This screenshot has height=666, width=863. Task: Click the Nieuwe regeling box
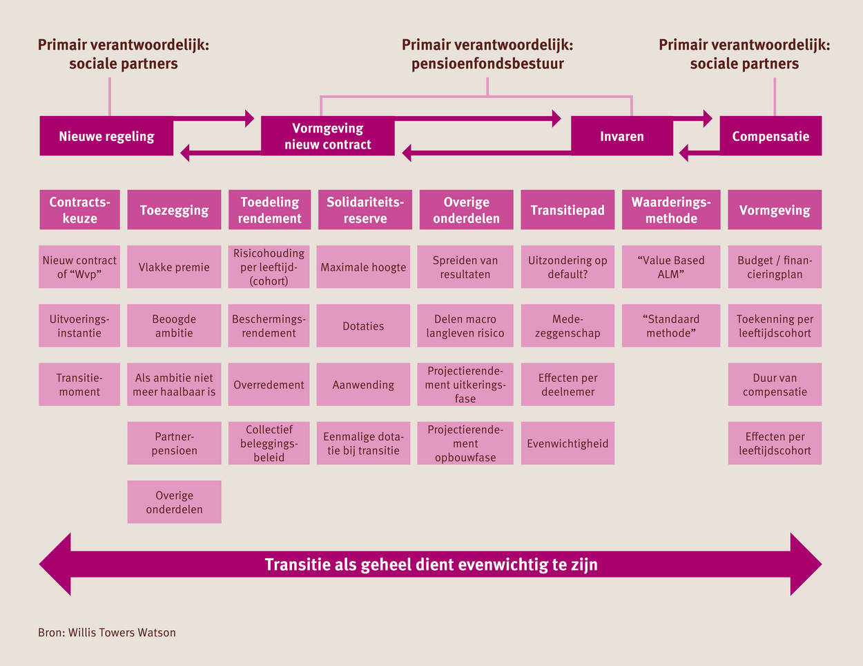click(x=106, y=136)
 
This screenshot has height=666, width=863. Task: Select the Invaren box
click(x=622, y=136)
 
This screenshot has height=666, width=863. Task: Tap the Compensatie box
click(x=770, y=136)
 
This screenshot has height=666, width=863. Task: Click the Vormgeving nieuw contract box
click(x=328, y=136)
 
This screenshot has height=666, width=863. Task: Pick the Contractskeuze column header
click(x=79, y=210)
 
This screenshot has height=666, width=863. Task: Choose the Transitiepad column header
click(x=568, y=210)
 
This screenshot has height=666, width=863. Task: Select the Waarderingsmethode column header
click(x=671, y=210)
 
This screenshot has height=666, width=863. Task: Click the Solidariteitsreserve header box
click(x=365, y=210)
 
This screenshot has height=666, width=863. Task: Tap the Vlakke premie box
click(x=174, y=267)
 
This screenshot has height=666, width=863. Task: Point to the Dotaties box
click(x=363, y=326)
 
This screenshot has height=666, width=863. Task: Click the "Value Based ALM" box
click(x=671, y=267)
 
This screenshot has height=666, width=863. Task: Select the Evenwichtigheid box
click(x=568, y=443)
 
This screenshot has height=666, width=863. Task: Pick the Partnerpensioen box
click(x=174, y=443)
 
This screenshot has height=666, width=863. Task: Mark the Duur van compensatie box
click(x=775, y=385)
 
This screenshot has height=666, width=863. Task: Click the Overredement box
click(x=269, y=385)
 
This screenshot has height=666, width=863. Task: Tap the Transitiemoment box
click(x=79, y=385)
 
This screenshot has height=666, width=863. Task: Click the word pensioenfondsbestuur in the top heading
click(x=487, y=64)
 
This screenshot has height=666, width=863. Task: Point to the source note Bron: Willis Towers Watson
click(x=107, y=632)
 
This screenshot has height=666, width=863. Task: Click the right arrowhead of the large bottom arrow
click(x=806, y=564)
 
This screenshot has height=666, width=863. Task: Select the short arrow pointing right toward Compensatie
click(x=692, y=118)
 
